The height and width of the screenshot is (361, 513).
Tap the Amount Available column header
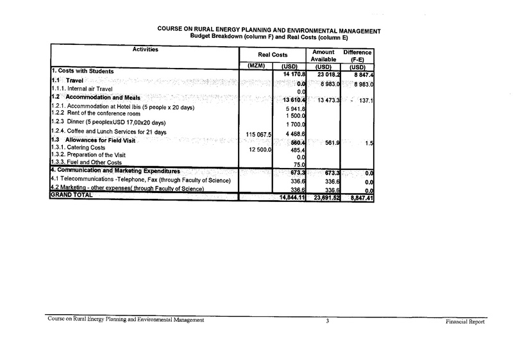323,55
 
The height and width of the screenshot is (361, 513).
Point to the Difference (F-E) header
358,55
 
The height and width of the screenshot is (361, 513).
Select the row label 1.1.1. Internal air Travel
81,88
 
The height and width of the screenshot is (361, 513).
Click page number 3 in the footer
327,320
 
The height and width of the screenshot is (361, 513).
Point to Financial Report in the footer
464,321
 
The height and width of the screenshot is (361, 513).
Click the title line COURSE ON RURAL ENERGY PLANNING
269,30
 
